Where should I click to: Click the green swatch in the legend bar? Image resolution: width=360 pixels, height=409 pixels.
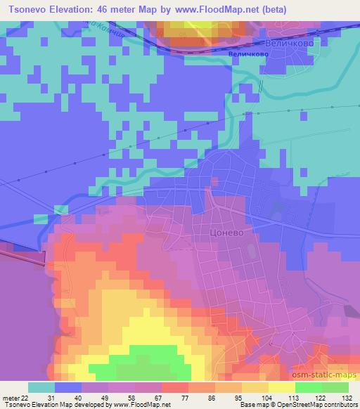308,387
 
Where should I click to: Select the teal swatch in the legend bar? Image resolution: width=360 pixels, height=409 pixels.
41,387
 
